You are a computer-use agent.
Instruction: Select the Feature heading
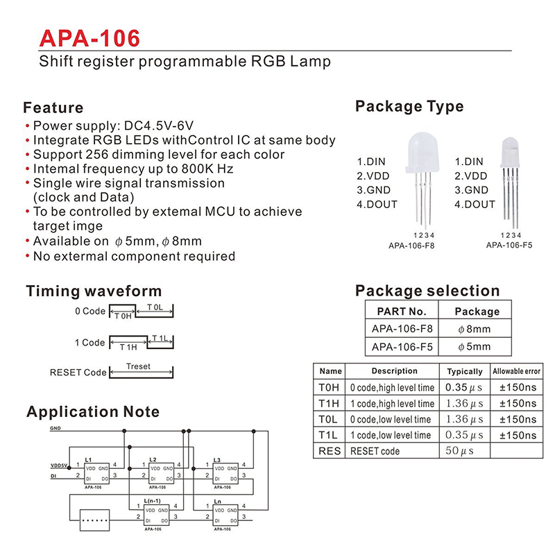click(x=53, y=108)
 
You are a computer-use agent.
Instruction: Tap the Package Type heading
click(x=409, y=106)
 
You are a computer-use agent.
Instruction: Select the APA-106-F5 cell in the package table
click(x=402, y=347)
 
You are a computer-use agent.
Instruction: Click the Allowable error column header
click(x=515, y=371)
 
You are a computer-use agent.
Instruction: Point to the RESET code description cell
click(x=375, y=451)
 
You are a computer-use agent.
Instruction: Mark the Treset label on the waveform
click(x=138, y=366)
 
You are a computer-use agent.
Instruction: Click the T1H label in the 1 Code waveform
click(x=128, y=347)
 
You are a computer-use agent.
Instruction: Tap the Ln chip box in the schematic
click(x=228, y=515)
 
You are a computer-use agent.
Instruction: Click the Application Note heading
click(x=93, y=412)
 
